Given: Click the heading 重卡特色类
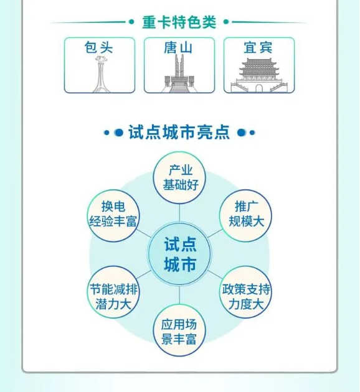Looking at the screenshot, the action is [179, 22].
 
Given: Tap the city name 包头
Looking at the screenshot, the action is [99, 47].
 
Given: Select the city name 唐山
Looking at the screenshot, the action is [178, 47].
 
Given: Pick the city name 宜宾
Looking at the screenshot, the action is [258, 47].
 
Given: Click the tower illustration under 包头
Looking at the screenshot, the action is [100, 74].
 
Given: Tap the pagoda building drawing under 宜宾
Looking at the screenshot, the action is [258, 75].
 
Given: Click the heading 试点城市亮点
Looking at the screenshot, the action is [179, 132].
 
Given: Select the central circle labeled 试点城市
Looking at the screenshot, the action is [179, 254].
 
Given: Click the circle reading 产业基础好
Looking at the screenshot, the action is [179, 178].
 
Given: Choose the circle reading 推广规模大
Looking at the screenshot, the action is [245, 215].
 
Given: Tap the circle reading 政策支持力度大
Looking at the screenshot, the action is [245, 292].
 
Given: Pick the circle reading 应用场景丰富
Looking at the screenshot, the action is [179, 330].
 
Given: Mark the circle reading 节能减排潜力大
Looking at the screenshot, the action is [113, 292].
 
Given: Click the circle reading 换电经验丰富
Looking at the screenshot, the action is [113, 215].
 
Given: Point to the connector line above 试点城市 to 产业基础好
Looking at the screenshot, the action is [179, 213].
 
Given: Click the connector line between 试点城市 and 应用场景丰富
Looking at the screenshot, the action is [179, 296].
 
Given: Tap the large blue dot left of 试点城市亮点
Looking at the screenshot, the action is [118, 133].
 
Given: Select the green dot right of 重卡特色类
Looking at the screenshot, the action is [226, 22].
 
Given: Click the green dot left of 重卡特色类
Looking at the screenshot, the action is [131, 22].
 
